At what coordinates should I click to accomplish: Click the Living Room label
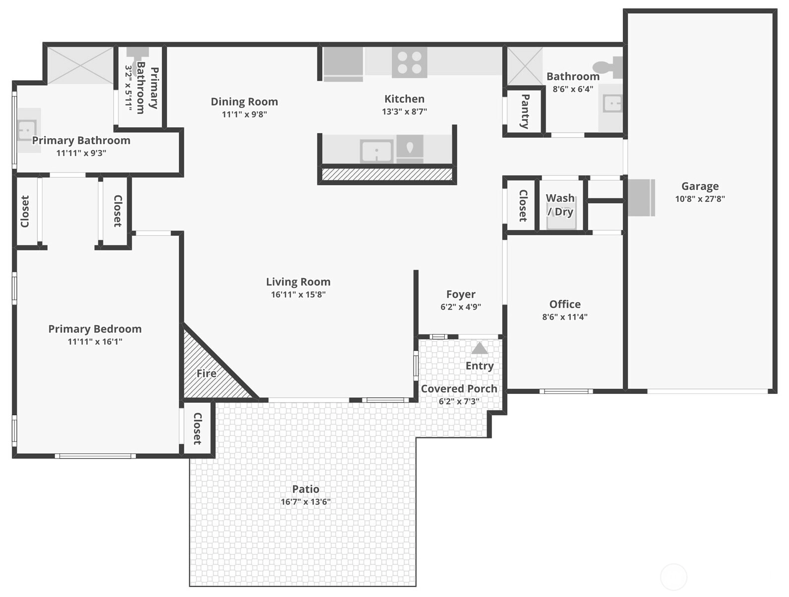tap(298, 282)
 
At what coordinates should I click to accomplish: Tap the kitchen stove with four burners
tap(410, 62)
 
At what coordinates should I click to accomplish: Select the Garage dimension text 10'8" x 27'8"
tap(700, 199)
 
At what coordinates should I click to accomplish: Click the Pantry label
tap(525, 111)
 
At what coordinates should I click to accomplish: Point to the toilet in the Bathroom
tap(608, 67)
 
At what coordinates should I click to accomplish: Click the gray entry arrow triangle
tap(480, 348)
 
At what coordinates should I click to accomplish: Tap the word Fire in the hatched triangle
tap(206, 374)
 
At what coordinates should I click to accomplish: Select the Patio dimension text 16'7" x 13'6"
tap(305, 501)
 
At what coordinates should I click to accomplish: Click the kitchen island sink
tap(376, 151)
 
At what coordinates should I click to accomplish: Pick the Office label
tap(565, 304)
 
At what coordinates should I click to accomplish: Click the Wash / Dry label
tap(560, 205)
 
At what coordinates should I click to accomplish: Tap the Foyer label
tap(461, 294)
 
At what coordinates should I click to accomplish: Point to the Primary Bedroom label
tap(95, 329)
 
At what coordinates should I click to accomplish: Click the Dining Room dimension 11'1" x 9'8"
tap(244, 114)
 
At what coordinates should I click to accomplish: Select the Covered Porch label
tap(459, 388)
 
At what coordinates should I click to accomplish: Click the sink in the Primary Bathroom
tap(28, 130)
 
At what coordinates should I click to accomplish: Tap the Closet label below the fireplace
tap(197, 429)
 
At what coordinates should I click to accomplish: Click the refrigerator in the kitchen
tap(343, 64)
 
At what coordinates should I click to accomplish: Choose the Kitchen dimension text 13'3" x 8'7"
tap(404, 111)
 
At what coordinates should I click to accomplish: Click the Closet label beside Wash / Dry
tap(523, 206)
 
